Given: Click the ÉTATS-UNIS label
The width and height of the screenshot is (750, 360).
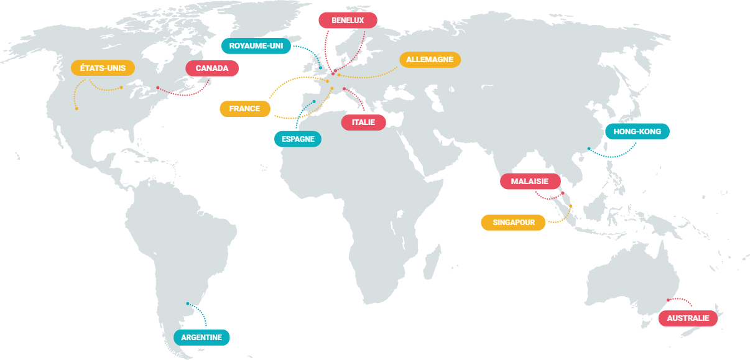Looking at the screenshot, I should (x=103, y=68).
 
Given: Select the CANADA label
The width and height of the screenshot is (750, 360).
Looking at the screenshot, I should (x=212, y=68).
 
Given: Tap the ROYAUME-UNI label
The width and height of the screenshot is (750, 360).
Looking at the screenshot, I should (x=256, y=46).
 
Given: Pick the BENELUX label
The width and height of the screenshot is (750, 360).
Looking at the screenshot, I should (x=348, y=20).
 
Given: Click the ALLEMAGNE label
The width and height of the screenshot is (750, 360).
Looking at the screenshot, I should (x=430, y=60).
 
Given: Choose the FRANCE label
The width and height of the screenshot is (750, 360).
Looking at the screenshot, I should (x=244, y=109).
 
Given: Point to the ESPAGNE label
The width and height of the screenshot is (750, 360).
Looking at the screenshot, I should (x=298, y=139).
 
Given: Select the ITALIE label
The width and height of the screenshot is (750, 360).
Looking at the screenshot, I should (x=363, y=122).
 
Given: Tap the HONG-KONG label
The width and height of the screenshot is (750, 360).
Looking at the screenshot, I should (x=637, y=132).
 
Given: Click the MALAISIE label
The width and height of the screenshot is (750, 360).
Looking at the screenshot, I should (x=530, y=181).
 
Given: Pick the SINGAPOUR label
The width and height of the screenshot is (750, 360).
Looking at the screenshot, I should (x=513, y=222).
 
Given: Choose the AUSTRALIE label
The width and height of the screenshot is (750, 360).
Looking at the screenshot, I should (x=688, y=318).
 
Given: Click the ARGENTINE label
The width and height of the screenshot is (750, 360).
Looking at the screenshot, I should (x=201, y=338).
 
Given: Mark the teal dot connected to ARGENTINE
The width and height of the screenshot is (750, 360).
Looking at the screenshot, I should (x=188, y=304).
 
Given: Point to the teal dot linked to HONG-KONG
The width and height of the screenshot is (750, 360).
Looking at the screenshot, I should (x=589, y=149).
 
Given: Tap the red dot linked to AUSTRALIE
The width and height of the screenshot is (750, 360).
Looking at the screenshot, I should (x=668, y=300).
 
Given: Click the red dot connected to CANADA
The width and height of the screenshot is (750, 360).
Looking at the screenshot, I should (x=158, y=88).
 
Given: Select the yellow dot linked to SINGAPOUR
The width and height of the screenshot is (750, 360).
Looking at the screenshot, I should (x=570, y=206).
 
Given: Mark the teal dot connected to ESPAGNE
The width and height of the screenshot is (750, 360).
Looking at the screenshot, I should (x=314, y=101).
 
